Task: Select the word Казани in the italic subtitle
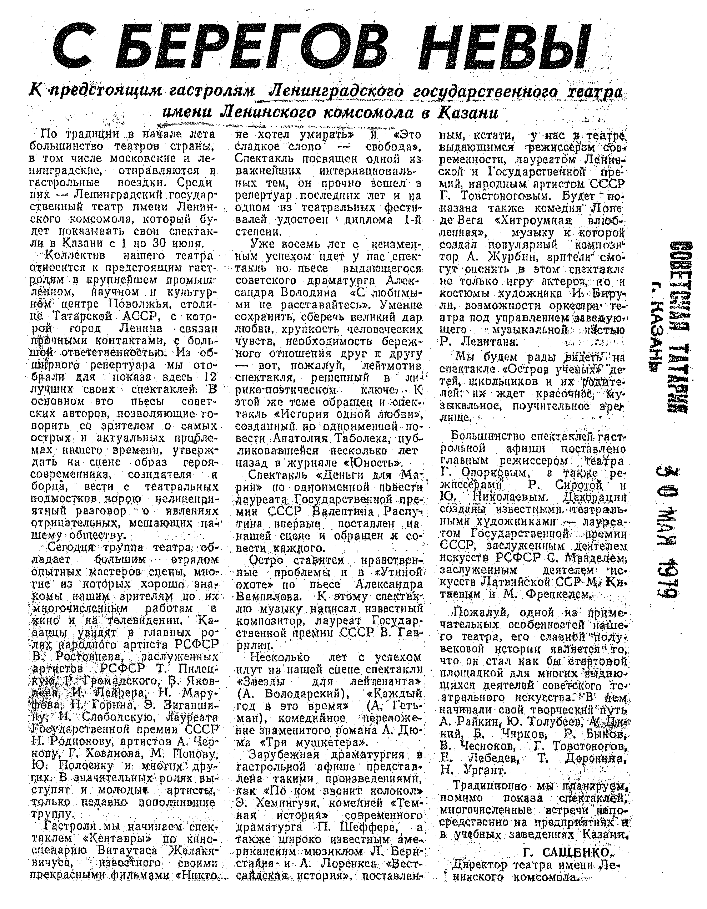pos(467,113)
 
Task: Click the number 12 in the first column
pos(211,378)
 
